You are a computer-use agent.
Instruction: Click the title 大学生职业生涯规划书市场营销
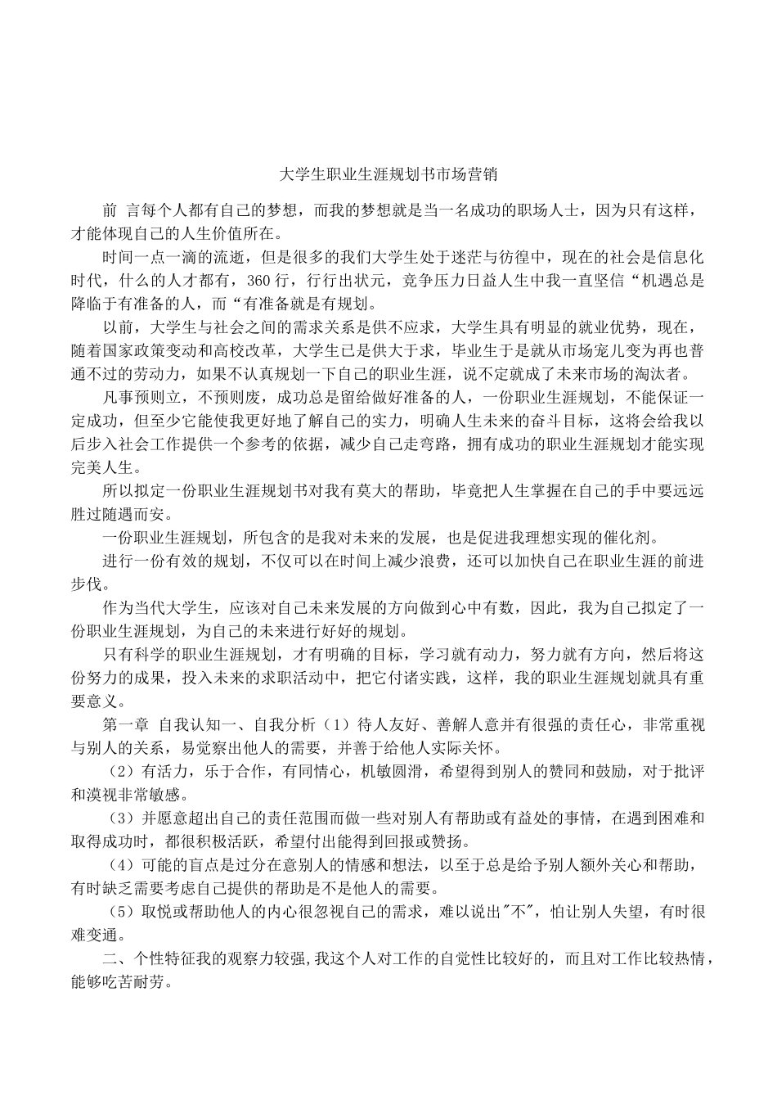coord(388,174)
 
